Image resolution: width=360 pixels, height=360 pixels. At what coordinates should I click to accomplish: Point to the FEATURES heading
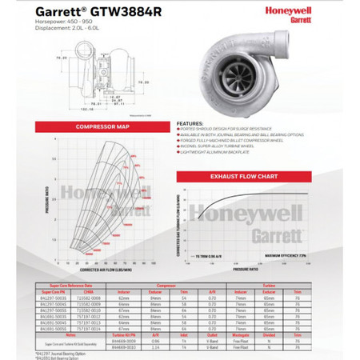pos(189,123)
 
